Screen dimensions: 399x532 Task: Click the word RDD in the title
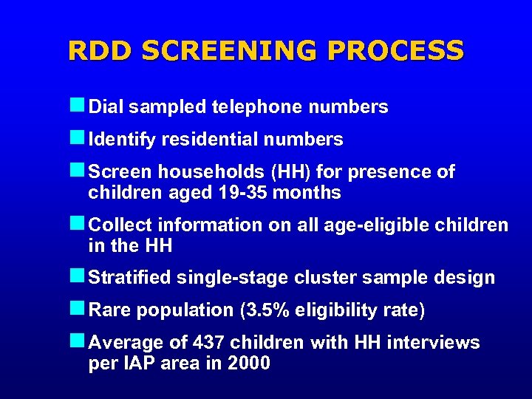pyautogui.click(x=100, y=50)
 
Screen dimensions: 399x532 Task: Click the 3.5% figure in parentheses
pyautogui.click(x=267, y=310)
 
